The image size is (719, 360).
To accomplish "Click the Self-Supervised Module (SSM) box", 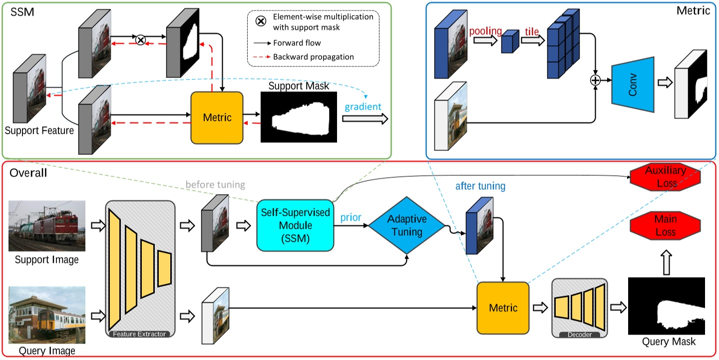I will pyautogui.click(x=295, y=225).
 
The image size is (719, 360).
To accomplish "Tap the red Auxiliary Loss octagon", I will pyautogui.click(x=665, y=176).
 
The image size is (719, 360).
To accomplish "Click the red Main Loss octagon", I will pyautogui.click(x=665, y=225).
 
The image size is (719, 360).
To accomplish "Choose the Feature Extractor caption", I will pyautogui.click(x=139, y=334).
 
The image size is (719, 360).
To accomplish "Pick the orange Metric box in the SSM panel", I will pyautogui.click(x=217, y=117).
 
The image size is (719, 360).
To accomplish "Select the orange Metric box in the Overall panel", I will pyautogui.click(x=503, y=308).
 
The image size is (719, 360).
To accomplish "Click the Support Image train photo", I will pyautogui.click(x=47, y=226).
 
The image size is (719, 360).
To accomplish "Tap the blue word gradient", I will pyautogui.click(x=362, y=107).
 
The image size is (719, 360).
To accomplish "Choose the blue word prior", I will pyautogui.click(x=351, y=218).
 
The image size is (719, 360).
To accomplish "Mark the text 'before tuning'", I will pyautogui.click(x=215, y=185).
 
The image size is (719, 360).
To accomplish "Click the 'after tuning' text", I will pyautogui.click(x=480, y=186).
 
